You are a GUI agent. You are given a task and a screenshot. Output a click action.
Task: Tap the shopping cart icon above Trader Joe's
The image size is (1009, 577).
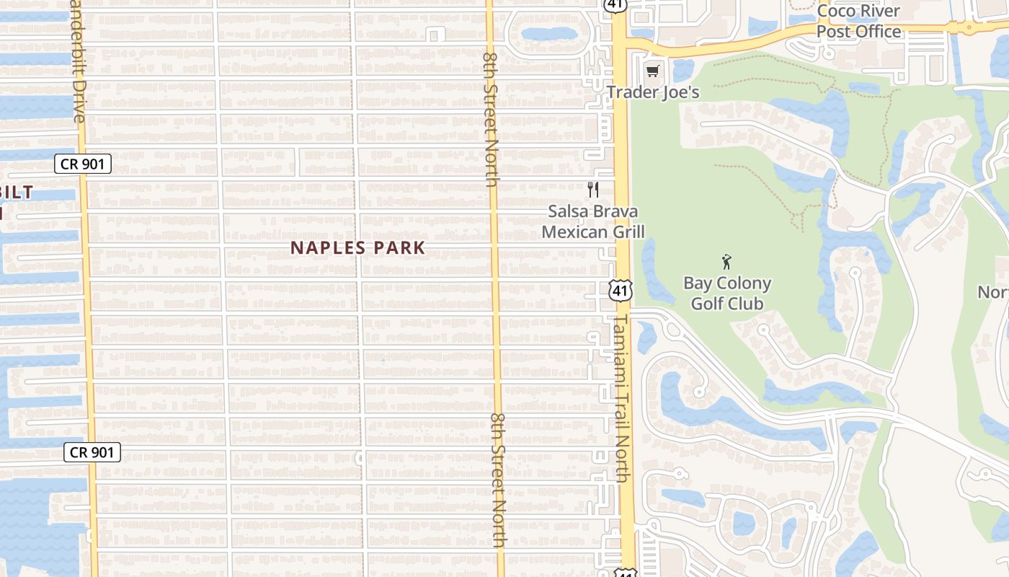coord(653,71)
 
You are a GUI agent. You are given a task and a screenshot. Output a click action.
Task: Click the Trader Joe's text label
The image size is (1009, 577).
coord(653,92)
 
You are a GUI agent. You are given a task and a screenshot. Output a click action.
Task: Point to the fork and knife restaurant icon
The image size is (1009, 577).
coord(593,190)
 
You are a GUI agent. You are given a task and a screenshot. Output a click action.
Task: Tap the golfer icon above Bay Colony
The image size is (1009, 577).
coord(726,262)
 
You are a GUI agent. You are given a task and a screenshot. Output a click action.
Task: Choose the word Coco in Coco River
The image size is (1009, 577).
coord(837,12)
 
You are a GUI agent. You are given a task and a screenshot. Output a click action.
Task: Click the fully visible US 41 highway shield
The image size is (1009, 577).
coord(621,291)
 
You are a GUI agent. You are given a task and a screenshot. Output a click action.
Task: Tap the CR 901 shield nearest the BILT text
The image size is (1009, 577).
coord(83,164)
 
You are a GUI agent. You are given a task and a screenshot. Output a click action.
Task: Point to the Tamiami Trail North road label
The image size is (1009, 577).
coord(622,397)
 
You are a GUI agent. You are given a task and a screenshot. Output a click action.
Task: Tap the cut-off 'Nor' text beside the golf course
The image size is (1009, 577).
coord(993,292)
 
